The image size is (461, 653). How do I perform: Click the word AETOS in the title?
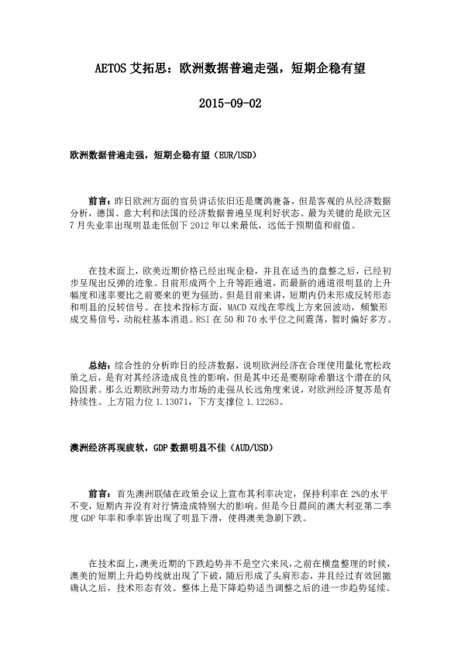coord(115,69)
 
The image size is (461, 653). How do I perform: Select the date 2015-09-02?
coord(231,103)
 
